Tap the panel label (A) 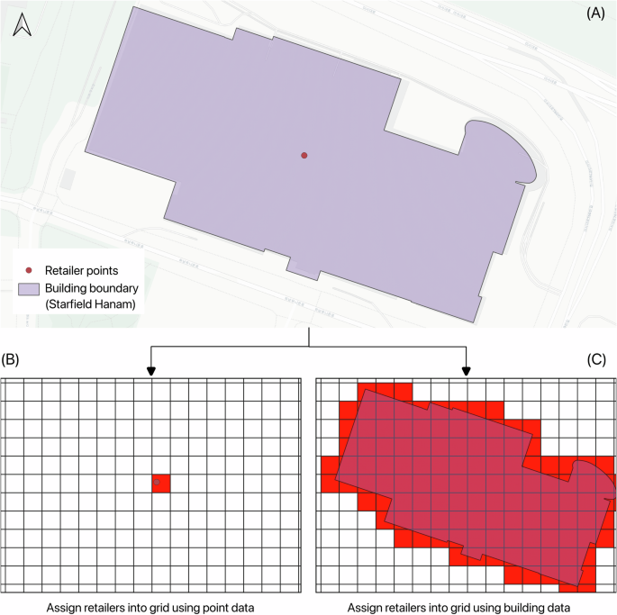pyautogui.click(x=595, y=14)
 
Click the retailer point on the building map pyautogui.click(x=304, y=156)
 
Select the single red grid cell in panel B pyautogui.click(x=160, y=484)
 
